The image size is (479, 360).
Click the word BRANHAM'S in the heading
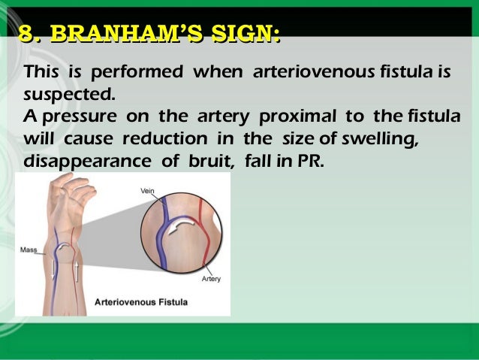120,34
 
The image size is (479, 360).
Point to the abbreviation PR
309,161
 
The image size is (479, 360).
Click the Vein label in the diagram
148,192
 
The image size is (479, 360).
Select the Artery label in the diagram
211,279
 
